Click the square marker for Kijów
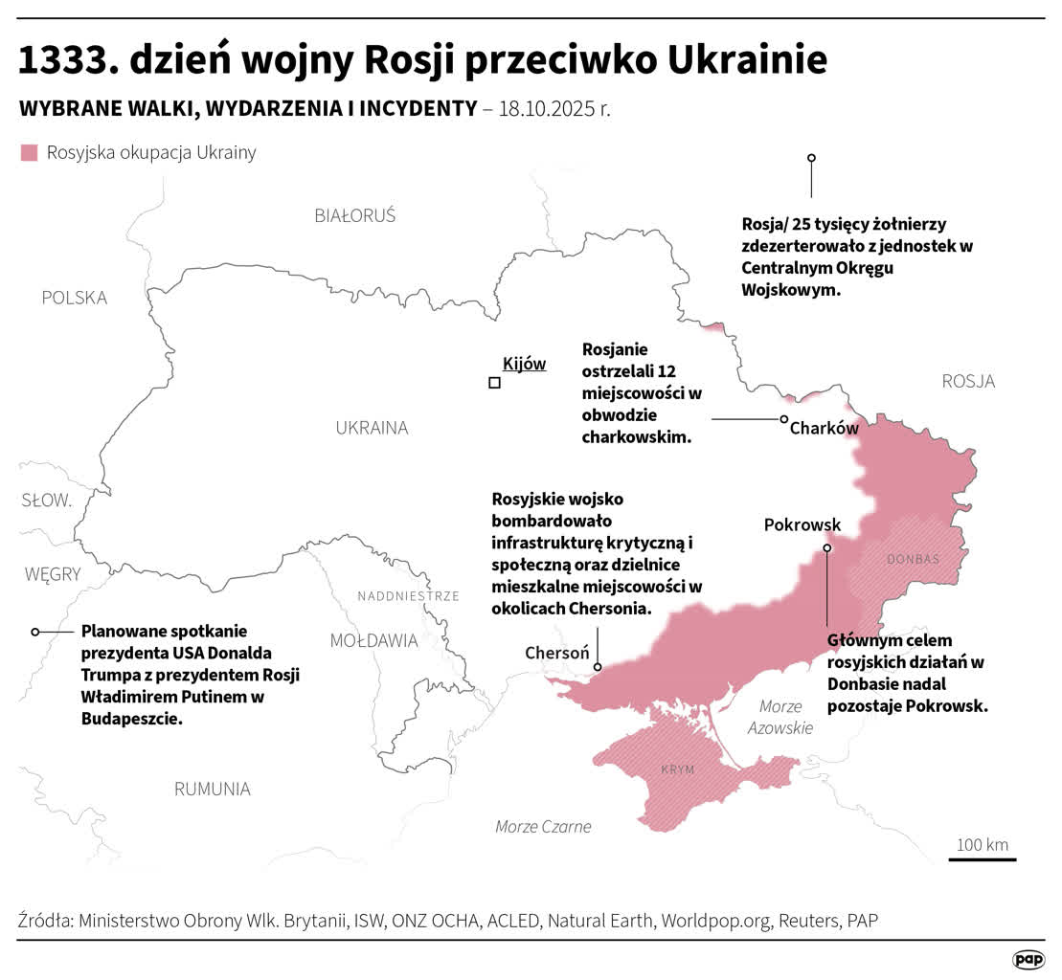tap(494, 383)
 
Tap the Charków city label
tap(824, 429)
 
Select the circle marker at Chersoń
tap(598, 667)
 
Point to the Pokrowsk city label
tap(802, 524)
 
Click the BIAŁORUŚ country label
tap(354, 215)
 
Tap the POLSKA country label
tap(75, 298)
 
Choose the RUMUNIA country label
tap(212, 790)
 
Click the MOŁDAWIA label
tap(373, 640)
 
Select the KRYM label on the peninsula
tap(677, 770)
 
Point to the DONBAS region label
tap(913, 559)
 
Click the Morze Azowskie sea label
tap(785, 717)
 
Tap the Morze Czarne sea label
tap(543, 827)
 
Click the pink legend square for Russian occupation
tap(29, 153)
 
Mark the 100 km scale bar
tap(983, 858)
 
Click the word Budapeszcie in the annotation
tap(130, 718)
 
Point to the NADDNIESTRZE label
tap(408, 596)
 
